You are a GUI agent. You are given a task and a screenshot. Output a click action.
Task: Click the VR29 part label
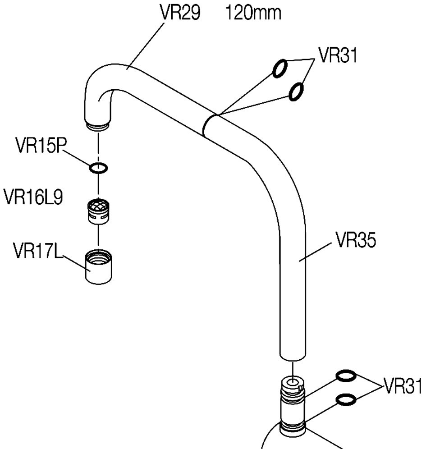180,13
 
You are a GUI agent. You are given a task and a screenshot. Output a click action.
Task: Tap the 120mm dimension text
253,13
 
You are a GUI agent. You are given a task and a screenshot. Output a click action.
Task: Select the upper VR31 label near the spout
338,55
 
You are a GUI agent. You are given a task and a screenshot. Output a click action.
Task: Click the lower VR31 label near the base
402,386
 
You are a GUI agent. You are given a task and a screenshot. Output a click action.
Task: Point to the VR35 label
356,240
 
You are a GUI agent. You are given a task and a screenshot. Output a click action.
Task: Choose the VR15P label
41,145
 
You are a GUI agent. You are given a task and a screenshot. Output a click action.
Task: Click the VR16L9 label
33,197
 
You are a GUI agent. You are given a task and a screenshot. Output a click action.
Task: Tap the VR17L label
37,250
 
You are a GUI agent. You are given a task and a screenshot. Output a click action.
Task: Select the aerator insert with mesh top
98,211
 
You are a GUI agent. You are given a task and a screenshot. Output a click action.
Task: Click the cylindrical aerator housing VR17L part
99,267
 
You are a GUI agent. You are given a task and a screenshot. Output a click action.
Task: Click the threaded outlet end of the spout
98,127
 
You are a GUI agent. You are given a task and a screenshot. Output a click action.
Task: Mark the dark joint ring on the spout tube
205,125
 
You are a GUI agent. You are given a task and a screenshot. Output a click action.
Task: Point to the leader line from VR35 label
315,252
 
